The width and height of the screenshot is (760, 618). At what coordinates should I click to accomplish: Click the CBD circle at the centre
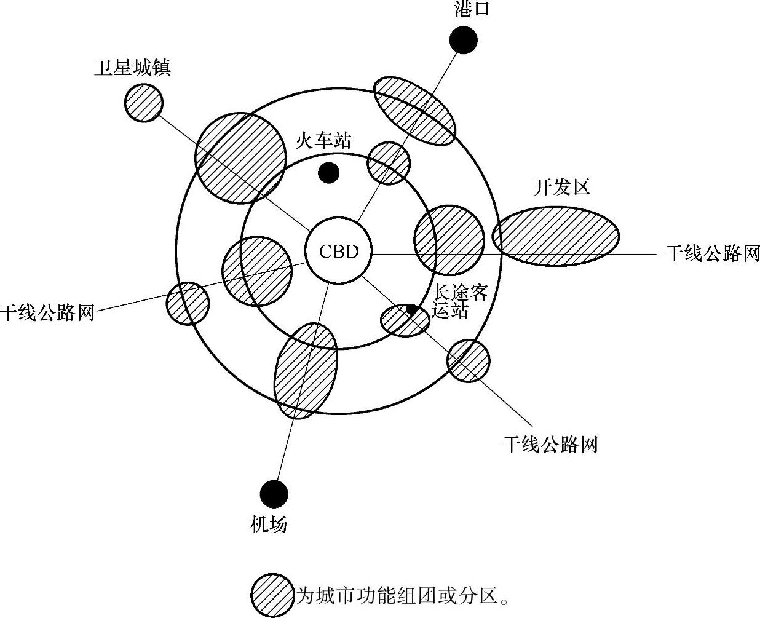[x=339, y=251]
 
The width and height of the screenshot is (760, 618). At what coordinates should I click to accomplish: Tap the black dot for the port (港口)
[x=463, y=41]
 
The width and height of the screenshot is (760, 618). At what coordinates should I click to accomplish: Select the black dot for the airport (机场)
[x=274, y=493]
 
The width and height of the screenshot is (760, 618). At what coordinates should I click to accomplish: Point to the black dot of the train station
[x=329, y=173]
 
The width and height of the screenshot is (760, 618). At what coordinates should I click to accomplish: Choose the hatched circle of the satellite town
[x=144, y=102]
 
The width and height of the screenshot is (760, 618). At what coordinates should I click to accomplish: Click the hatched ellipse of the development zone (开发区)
[x=555, y=236]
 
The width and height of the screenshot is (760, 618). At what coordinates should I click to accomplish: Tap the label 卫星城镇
[x=132, y=66]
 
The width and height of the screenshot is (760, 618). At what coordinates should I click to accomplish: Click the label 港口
[x=472, y=9]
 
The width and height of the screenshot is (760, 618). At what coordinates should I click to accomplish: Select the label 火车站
[x=323, y=141]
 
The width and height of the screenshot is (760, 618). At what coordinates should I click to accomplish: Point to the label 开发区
[x=562, y=187]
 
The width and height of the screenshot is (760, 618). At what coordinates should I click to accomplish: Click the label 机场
[x=269, y=525]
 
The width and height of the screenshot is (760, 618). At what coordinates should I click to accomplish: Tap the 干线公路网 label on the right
[x=713, y=253]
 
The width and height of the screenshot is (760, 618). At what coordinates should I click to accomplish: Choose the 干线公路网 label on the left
[x=47, y=312]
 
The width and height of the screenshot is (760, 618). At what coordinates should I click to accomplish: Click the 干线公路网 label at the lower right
[x=550, y=444]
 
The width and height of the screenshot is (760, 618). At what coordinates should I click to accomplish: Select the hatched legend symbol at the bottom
[x=272, y=595]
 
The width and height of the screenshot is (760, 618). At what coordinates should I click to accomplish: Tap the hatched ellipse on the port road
[x=415, y=111]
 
